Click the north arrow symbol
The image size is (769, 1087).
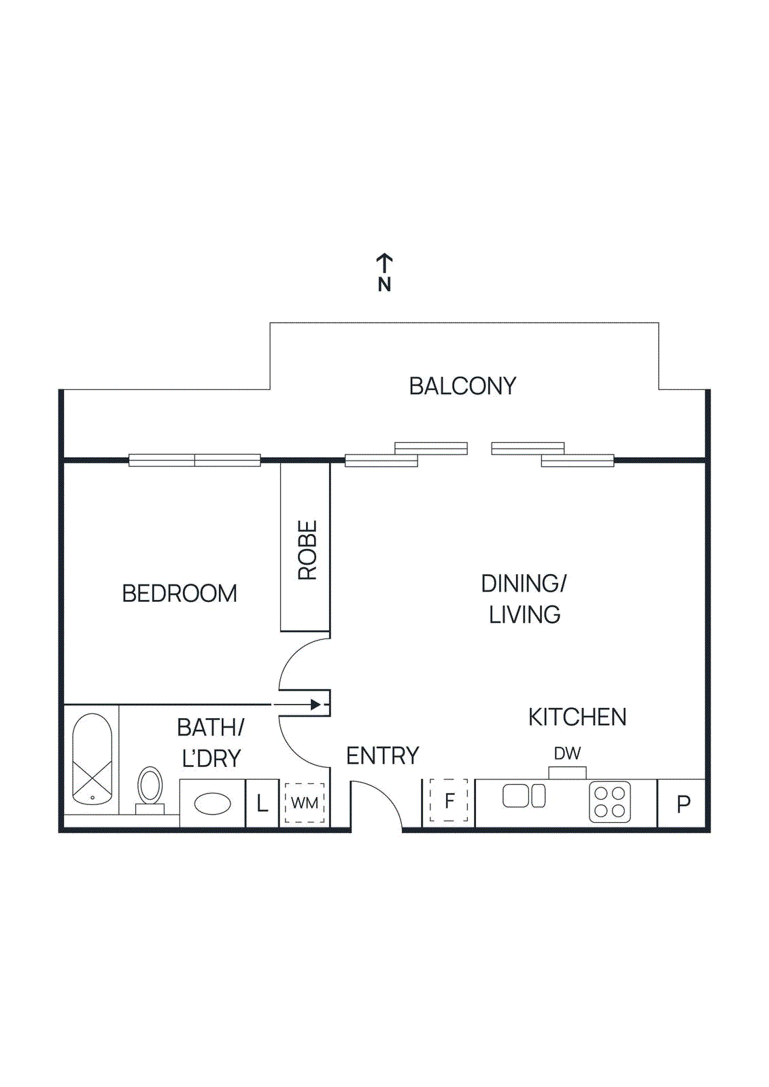pos(384,272)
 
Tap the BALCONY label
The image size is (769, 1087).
pos(462,386)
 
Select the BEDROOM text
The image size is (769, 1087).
pos(180,593)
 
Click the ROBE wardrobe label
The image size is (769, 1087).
pos(307,550)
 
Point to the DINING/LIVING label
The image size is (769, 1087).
pos(524,599)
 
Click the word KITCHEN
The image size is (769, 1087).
pos(577,717)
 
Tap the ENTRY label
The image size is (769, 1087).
pos(383,755)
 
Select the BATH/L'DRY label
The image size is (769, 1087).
pos(211,743)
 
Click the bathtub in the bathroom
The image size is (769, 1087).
pos(92,759)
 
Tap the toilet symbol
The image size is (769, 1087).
pos(150,788)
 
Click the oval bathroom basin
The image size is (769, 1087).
pos(212,804)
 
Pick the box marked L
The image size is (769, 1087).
pos(262,804)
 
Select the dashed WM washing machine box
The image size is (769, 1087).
pos(305,803)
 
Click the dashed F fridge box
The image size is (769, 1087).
pos(449,801)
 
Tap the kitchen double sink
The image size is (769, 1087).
pos(524,796)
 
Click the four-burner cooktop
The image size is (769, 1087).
pos(610,802)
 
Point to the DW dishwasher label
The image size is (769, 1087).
pos(567,753)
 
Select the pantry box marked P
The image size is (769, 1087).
pos(683,804)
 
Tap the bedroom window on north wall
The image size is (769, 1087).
pos(194,460)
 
